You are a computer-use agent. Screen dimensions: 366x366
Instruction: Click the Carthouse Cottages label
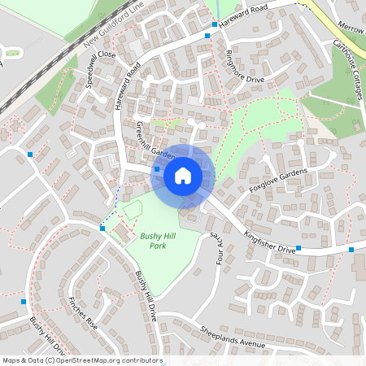346,72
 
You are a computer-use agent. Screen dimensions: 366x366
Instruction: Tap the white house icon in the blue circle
183,175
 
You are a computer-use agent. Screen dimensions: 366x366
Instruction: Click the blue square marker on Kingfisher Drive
298,247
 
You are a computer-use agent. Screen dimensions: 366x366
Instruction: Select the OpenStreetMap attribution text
82,360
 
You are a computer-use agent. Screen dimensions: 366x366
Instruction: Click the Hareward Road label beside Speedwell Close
129,86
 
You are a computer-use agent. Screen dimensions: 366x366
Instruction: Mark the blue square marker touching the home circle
157,169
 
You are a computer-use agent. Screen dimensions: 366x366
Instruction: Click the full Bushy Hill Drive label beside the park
145,294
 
